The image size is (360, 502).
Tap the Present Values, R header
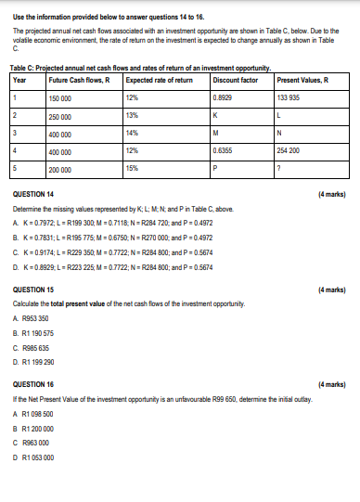[296, 78]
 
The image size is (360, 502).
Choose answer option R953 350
[37, 317]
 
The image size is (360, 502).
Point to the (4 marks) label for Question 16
[331, 382]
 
